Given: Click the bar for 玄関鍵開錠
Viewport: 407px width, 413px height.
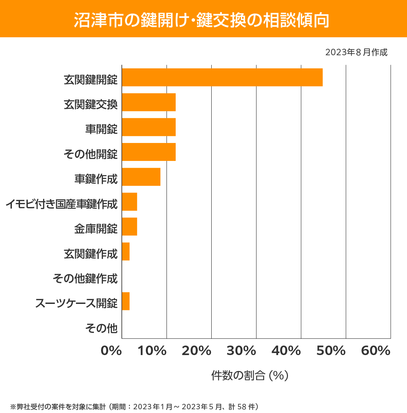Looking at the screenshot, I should point(222,77).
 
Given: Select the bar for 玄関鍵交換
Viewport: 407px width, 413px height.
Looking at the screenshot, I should point(149,102).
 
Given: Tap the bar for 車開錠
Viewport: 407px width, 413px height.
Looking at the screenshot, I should point(149,127).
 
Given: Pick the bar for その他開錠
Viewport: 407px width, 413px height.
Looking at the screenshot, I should point(149,152).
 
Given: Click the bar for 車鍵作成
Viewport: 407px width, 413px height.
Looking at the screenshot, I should point(141,177).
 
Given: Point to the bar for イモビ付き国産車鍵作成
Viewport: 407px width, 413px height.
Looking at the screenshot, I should point(130,202).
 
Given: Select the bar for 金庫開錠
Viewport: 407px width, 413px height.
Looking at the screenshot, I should point(130,226).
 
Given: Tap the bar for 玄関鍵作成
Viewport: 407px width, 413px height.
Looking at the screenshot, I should point(126,251).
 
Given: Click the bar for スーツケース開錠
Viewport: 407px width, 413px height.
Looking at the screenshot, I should point(126,301).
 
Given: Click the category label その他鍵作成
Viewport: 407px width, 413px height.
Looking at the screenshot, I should point(85,278).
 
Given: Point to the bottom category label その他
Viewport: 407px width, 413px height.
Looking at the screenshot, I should point(101,328).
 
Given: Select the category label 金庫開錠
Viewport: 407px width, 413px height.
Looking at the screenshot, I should point(96,229).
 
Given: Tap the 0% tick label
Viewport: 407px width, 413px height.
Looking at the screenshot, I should point(111,351).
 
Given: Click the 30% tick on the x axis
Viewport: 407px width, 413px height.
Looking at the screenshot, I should point(241,351).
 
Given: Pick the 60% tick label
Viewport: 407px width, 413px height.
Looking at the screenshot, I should point(376,351).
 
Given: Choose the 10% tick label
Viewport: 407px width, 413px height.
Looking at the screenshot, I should point(152,351).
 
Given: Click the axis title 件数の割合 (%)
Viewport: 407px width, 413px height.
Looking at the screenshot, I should point(250,375).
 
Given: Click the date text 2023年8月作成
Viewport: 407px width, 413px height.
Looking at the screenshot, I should point(356,53).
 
